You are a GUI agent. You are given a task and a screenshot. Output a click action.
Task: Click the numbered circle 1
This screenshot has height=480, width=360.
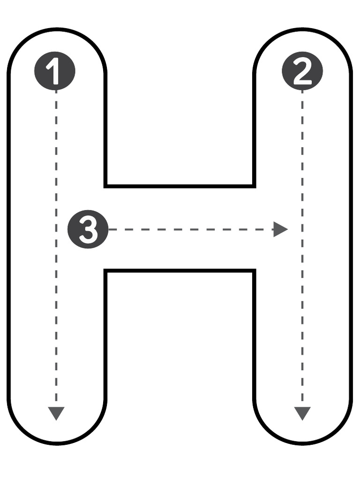pos(55,71)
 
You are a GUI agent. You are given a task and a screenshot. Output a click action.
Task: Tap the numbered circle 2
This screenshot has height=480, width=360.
pos(302,71)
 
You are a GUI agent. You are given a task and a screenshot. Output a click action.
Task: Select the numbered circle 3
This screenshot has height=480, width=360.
pos(88,229)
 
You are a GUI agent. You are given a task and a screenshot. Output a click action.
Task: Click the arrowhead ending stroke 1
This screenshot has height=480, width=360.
pos(56,413)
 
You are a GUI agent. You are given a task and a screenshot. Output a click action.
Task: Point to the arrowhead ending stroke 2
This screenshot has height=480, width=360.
pos(302,413)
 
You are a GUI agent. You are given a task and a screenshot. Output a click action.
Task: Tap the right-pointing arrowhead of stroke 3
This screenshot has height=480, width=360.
pos(280,229)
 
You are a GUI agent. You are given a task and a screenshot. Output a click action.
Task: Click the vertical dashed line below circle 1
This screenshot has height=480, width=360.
pos(56,248)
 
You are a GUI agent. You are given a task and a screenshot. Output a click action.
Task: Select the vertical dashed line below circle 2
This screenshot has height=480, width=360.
pos(302,248)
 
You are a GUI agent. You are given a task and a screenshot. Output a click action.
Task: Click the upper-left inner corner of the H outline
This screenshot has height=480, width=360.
pos(105,186)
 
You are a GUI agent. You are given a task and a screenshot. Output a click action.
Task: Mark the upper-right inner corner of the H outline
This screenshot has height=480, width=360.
pos(255,186)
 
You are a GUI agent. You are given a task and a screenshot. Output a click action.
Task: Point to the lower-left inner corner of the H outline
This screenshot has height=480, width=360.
pos(105,270)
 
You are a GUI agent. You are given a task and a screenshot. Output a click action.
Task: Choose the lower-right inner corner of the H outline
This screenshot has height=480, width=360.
pos(255,270)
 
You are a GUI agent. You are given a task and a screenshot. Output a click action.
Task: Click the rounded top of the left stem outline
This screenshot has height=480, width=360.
pos(57,30)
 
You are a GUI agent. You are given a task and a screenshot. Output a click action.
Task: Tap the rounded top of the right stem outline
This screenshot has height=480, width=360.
pos(302,30)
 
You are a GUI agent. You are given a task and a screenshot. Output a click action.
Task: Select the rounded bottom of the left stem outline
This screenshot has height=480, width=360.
pos(57,443)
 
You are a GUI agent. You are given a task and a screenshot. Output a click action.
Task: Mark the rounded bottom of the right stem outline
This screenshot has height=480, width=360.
pos(302,443)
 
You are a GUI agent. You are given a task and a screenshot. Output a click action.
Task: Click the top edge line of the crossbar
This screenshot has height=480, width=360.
pos(180,186)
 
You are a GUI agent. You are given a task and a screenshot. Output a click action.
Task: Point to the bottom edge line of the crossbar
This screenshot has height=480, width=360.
pos(180,270)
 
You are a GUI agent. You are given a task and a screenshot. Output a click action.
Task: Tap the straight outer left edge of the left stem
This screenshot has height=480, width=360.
pos(9,236)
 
